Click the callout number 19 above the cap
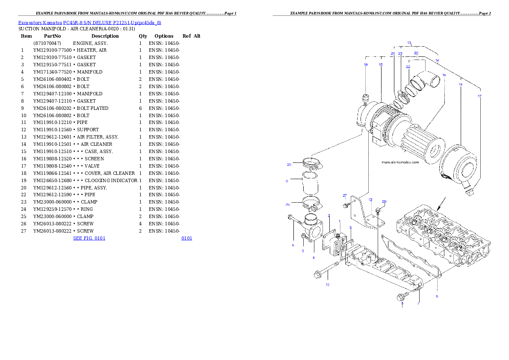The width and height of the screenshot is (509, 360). coord(366,65)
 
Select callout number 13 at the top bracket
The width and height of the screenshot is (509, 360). coord(409,43)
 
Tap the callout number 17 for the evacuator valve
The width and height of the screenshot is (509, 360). coord(479,96)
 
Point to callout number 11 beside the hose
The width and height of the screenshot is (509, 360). coord(287,181)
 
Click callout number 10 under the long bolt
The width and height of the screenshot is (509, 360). coord(327,284)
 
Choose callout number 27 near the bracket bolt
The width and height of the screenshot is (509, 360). coord(344,195)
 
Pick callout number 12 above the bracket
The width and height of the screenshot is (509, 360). coord(370,200)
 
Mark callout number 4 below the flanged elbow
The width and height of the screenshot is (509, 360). coord(313,258)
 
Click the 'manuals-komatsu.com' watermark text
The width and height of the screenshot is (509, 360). coord(400,162)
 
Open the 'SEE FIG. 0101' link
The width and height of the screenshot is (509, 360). coord(89,238)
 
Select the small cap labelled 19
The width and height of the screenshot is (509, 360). coord(366,99)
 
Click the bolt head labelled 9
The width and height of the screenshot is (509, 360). coord(402,297)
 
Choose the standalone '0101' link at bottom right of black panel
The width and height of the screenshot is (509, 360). coord(186,238)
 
